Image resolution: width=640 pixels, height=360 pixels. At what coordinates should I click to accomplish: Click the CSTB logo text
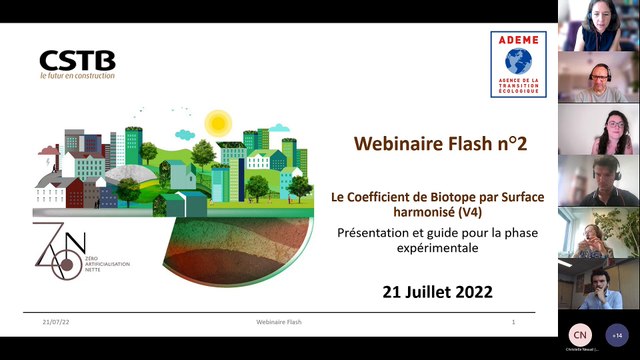[x=77, y=60]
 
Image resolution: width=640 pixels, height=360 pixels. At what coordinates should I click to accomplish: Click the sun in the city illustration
[x=217, y=123]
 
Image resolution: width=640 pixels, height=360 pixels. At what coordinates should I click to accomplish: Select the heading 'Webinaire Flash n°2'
[x=441, y=144]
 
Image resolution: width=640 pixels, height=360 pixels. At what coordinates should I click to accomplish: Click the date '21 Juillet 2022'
[x=439, y=293]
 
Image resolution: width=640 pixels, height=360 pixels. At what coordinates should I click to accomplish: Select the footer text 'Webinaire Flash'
[x=279, y=323]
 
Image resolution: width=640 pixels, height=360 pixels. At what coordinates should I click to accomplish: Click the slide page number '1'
[x=513, y=323]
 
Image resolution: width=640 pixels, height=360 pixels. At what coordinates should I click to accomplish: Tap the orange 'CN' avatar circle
[x=579, y=335]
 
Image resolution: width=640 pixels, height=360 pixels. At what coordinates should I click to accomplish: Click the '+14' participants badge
[x=616, y=335]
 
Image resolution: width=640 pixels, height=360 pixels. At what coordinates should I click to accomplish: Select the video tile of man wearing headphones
[x=598, y=78]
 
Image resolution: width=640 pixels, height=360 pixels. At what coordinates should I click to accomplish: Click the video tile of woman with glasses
[x=598, y=130]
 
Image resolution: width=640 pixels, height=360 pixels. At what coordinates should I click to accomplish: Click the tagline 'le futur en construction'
[x=77, y=75]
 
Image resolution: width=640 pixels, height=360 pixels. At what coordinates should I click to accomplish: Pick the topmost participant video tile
[x=598, y=26]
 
